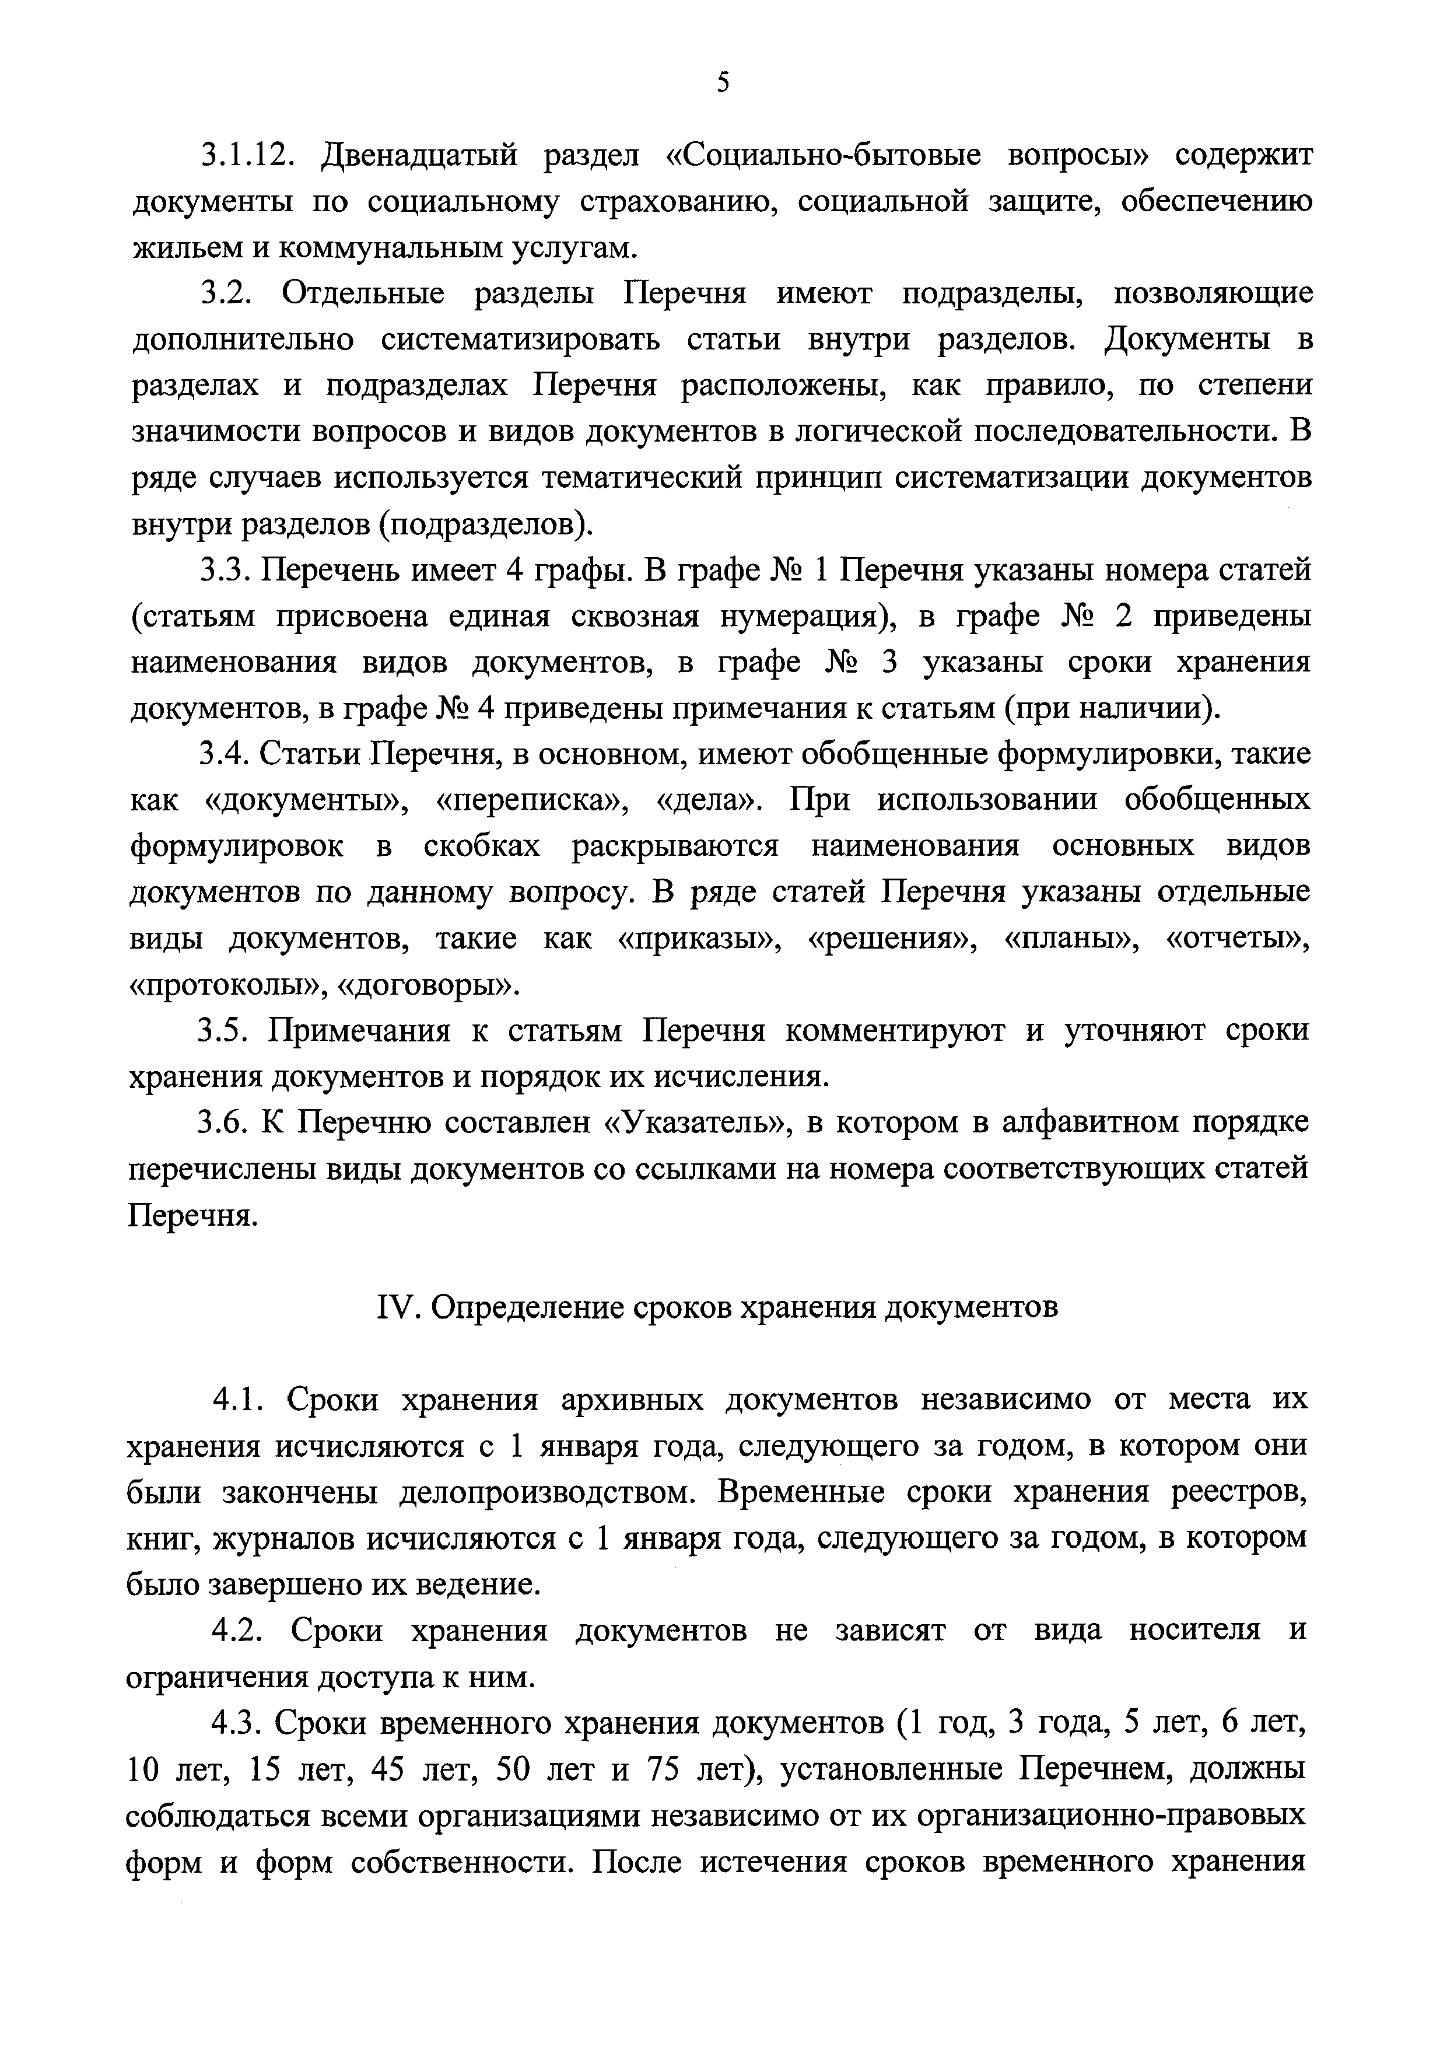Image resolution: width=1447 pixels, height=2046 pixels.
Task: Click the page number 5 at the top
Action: point(723,83)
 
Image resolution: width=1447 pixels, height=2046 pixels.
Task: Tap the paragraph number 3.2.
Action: point(227,293)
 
